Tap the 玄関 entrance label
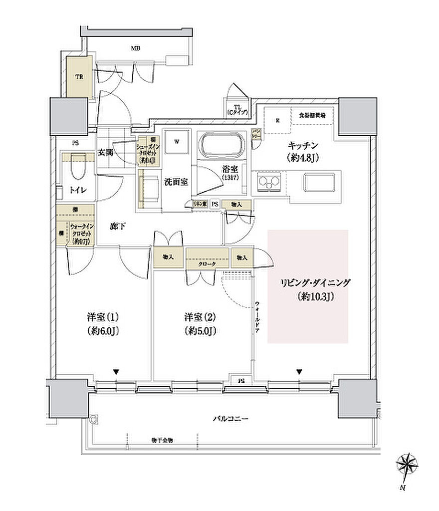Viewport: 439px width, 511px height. [106, 152]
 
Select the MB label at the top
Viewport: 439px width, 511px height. [135, 48]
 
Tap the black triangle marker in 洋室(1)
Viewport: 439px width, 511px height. [116, 371]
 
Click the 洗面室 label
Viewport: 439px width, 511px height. [176, 182]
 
